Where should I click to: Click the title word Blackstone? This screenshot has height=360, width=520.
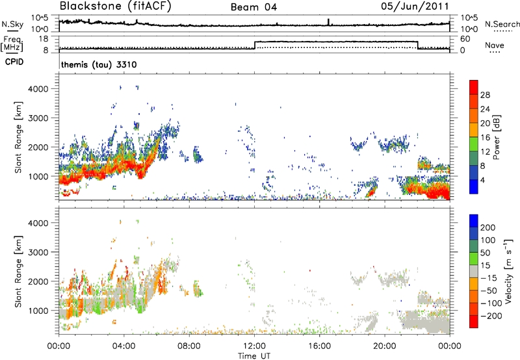tap(87, 7)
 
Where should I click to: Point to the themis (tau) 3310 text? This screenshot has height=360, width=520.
tap(97, 66)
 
